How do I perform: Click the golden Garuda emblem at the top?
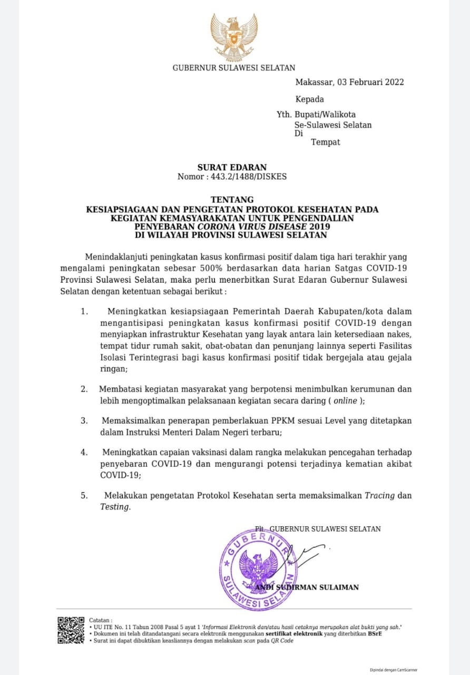pyautogui.click(x=234, y=37)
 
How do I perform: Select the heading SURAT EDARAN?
pyautogui.click(x=232, y=168)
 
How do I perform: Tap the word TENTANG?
pyautogui.click(x=232, y=200)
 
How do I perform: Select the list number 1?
pyautogui.click(x=84, y=311)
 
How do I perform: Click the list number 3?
pyautogui.click(x=84, y=421)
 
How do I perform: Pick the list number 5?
pyautogui.click(x=84, y=496)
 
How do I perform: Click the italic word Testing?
pyautogui.click(x=114, y=507)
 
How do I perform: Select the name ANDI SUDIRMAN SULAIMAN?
pyautogui.click(x=307, y=587)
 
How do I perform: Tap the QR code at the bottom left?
pyautogui.click(x=71, y=630)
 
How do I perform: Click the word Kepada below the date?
pyautogui.click(x=310, y=99)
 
